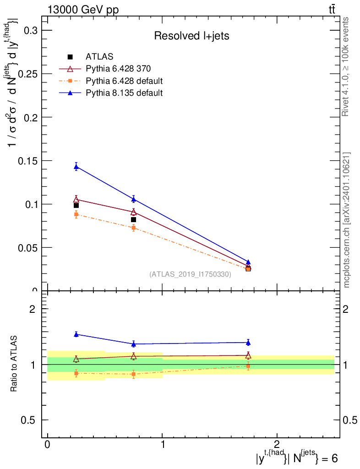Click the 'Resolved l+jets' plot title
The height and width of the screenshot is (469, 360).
[191, 36]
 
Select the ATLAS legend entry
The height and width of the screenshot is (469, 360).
[86, 56]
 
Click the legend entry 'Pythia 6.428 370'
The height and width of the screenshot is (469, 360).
[105, 69]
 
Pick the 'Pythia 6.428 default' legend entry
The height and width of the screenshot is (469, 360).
[111, 81]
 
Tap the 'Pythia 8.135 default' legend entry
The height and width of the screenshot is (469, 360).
[111, 93]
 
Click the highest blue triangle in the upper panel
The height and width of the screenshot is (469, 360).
[76, 167]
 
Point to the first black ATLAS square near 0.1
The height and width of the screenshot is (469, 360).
[76, 206]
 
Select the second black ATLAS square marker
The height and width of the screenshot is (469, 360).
[133, 219]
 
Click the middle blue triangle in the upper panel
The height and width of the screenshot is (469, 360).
[134, 199]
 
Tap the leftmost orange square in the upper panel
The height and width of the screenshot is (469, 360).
[76, 214]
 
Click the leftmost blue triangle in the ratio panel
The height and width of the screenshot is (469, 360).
[76, 334]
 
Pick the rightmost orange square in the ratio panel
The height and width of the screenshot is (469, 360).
[248, 366]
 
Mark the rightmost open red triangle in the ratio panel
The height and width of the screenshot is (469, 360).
[248, 355]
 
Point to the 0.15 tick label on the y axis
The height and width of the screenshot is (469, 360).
[27, 161]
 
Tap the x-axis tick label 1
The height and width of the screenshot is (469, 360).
[162, 444]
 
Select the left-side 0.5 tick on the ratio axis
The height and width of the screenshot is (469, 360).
[28, 420]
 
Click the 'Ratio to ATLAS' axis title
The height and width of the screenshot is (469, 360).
[14, 364]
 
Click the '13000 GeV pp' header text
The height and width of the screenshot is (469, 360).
[83, 10]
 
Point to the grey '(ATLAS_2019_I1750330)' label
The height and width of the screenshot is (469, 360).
[190, 274]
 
